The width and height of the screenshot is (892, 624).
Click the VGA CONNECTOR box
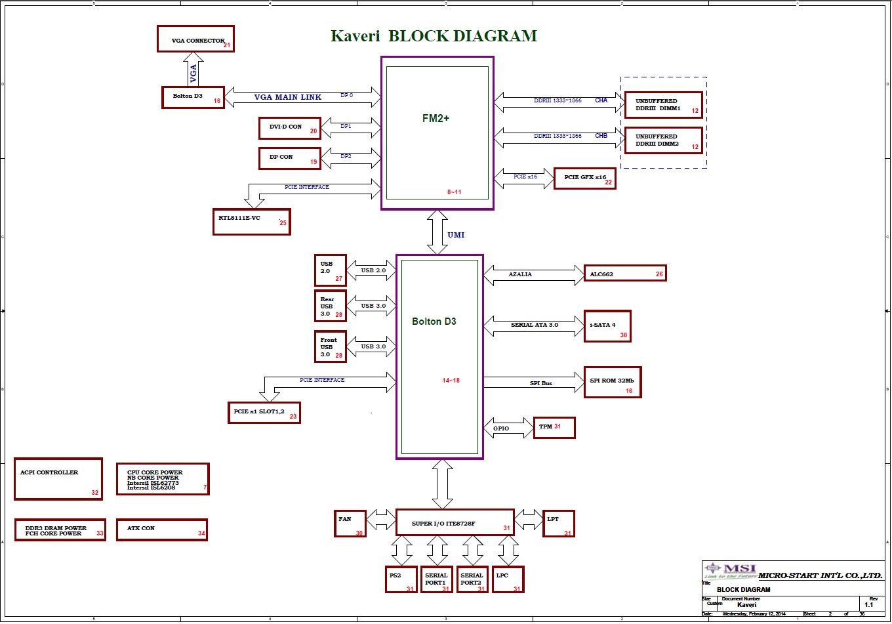[x=195, y=39]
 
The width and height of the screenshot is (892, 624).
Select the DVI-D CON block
[x=290, y=128]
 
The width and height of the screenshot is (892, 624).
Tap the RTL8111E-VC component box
[x=251, y=222]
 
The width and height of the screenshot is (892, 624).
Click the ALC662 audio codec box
[x=625, y=274]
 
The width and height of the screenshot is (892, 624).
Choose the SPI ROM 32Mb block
[x=612, y=383]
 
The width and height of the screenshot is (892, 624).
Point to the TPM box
[x=554, y=427]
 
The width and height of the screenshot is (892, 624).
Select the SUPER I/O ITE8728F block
[x=455, y=523]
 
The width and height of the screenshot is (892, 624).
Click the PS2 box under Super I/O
[x=401, y=579]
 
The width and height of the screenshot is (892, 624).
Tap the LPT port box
[x=559, y=523]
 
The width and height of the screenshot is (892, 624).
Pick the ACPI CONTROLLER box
[x=58, y=479]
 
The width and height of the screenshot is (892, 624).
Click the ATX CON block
[x=162, y=530]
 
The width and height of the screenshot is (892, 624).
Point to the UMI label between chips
[x=456, y=235]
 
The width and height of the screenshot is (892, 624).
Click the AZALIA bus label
[x=520, y=274]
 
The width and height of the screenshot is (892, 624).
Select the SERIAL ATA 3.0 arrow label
[x=535, y=325]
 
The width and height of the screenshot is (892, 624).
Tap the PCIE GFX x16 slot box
[x=585, y=178]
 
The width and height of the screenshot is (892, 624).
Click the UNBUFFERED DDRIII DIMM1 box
[x=664, y=105]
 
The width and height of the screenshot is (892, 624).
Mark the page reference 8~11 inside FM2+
[x=455, y=192]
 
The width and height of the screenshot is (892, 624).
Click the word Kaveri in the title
[x=355, y=36]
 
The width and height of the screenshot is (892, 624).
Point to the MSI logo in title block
[x=731, y=571]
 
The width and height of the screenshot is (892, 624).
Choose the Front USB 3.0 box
[x=331, y=346]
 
